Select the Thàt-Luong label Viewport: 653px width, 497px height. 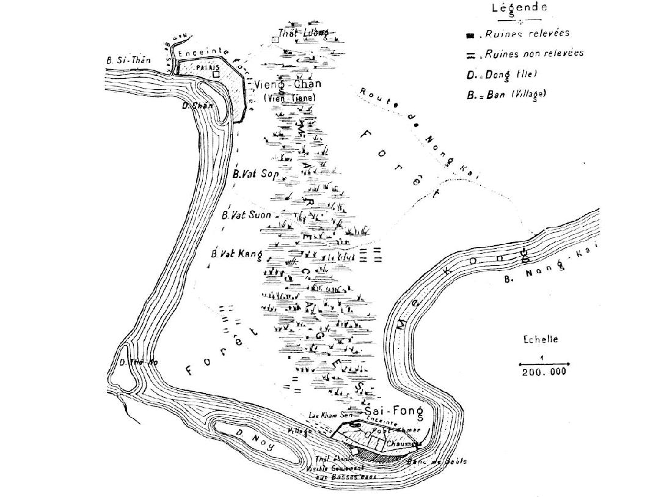(303, 32)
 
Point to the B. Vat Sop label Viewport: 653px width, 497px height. (255, 174)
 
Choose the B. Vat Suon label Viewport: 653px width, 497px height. (246, 215)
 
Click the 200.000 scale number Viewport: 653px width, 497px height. (543, 371)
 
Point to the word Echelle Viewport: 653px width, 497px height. (541, 340)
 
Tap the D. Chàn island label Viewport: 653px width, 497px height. (199, 105)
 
